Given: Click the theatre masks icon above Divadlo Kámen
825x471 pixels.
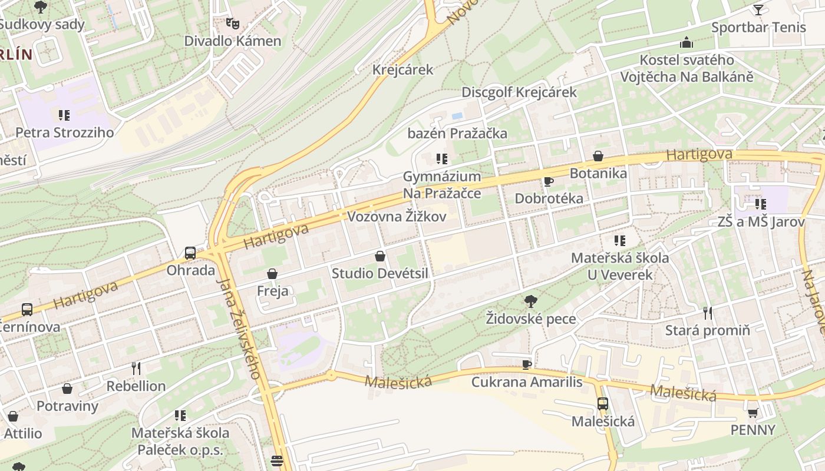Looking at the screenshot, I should [x=233, y=24].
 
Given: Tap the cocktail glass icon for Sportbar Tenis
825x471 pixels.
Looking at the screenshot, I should [x=758, y=9].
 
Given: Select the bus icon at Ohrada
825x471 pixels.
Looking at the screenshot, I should [x=190, y=253].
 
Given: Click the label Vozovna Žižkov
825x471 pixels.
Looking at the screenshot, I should [x=396, y=217].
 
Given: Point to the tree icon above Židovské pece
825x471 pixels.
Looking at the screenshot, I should [x=530, y=301].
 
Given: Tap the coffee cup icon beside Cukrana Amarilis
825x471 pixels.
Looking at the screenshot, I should [x=527, y=364].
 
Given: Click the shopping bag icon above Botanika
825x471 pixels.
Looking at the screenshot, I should [x=598, y=156].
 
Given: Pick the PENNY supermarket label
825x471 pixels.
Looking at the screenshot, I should [x=753, y=430].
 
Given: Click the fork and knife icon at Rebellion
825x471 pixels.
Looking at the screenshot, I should [x=136, y=369].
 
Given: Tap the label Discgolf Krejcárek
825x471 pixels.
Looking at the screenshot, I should [x=519, y=92].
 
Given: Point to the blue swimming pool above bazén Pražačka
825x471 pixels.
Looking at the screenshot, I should [x=457, y=117].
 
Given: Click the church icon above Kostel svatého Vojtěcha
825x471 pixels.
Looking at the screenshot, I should [x=687, y=42].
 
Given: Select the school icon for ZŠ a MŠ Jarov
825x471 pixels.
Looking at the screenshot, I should [x=761, y=204].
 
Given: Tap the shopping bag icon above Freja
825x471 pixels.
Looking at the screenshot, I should [x=272, y=274].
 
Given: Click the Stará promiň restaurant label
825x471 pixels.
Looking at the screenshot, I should [x=707, y=330].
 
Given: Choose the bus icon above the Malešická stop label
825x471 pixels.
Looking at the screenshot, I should [x=603, y=404].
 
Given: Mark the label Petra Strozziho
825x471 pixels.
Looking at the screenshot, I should [x=64, y=132].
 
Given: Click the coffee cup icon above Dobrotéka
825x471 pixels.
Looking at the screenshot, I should [x=549, y=181].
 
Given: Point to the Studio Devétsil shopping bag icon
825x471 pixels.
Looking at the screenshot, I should [x=380, y=256].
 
